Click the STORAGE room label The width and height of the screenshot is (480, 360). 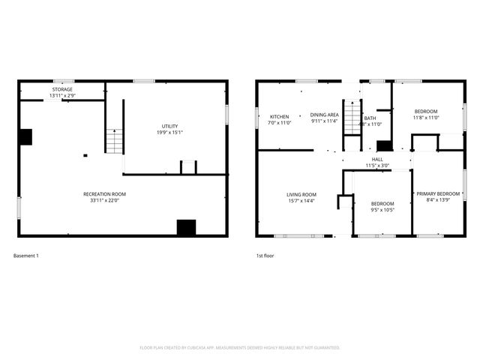62,89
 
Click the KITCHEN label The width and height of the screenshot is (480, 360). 280,116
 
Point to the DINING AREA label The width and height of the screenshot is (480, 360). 325,115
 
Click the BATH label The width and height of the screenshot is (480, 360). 370,118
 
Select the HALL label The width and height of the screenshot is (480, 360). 377,159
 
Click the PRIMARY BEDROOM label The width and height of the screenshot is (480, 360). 438,193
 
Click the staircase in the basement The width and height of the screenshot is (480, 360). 112,140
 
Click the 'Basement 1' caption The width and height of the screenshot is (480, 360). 26,256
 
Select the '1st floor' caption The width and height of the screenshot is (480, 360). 265,256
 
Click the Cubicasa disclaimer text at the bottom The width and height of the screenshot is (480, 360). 240,347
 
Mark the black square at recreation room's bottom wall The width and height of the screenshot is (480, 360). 185,227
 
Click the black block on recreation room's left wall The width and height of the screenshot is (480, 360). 25,136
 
